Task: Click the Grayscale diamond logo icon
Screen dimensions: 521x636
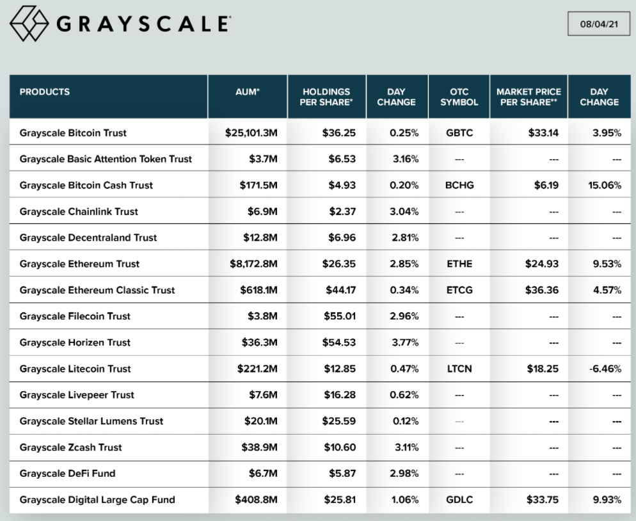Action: pyautogui.click(x=29, y=24)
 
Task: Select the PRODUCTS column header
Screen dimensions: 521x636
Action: pyautogui.click(x=45, y=92)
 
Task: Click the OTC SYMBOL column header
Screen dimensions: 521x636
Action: pyautogui.click(x=459, y=97)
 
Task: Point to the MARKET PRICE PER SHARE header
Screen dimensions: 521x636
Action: pyautogui.click(x=529, y=97)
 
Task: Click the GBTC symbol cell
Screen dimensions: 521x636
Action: pyautogui.click(x=459, y=133)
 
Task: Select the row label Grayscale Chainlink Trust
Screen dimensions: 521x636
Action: pyautogui.click(x=79, y=211)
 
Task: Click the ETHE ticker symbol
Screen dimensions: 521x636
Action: pyautogui.click(x=459, y=264)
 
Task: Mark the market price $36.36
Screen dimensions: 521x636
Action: pyautogui.click(x=541, y=290)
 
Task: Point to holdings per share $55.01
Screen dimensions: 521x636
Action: pyautogui.click(x=338, y=316)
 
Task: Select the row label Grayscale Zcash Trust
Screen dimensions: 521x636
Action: pyautogui.click(x=70, y=447)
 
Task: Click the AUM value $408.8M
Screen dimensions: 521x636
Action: pyautogui.click(x=256, y=500)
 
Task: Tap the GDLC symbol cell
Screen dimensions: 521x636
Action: pyautogui.click(x=459, y=500)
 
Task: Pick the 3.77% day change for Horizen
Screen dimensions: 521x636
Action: pyautogui.click(x=405, y=342)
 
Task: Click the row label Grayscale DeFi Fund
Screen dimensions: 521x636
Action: pyautogui.click(x=68, y=474)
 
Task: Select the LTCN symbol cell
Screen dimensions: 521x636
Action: pyautogui.click(x=459, y=369)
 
